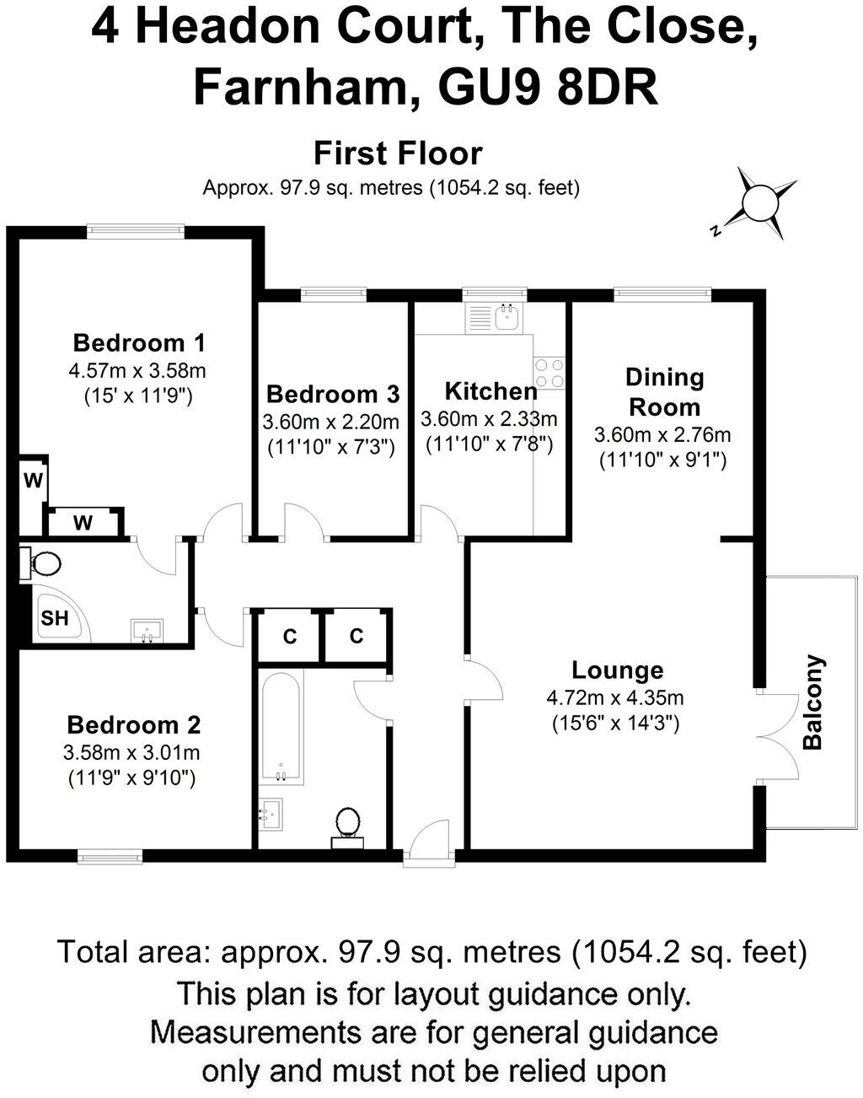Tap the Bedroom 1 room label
pos(139,342)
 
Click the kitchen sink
pos(507,317)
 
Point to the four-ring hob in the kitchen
pos(549,373)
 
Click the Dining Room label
pos(664,392)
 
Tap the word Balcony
pos(812,702)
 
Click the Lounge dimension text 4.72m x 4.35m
pos(615,697)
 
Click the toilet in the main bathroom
pos(347,823)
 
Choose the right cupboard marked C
pos(356,636)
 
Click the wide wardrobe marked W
pos(83,523)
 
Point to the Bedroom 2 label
pos(133,724)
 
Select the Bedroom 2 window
pos(110,857)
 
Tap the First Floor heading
pos(398,153)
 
